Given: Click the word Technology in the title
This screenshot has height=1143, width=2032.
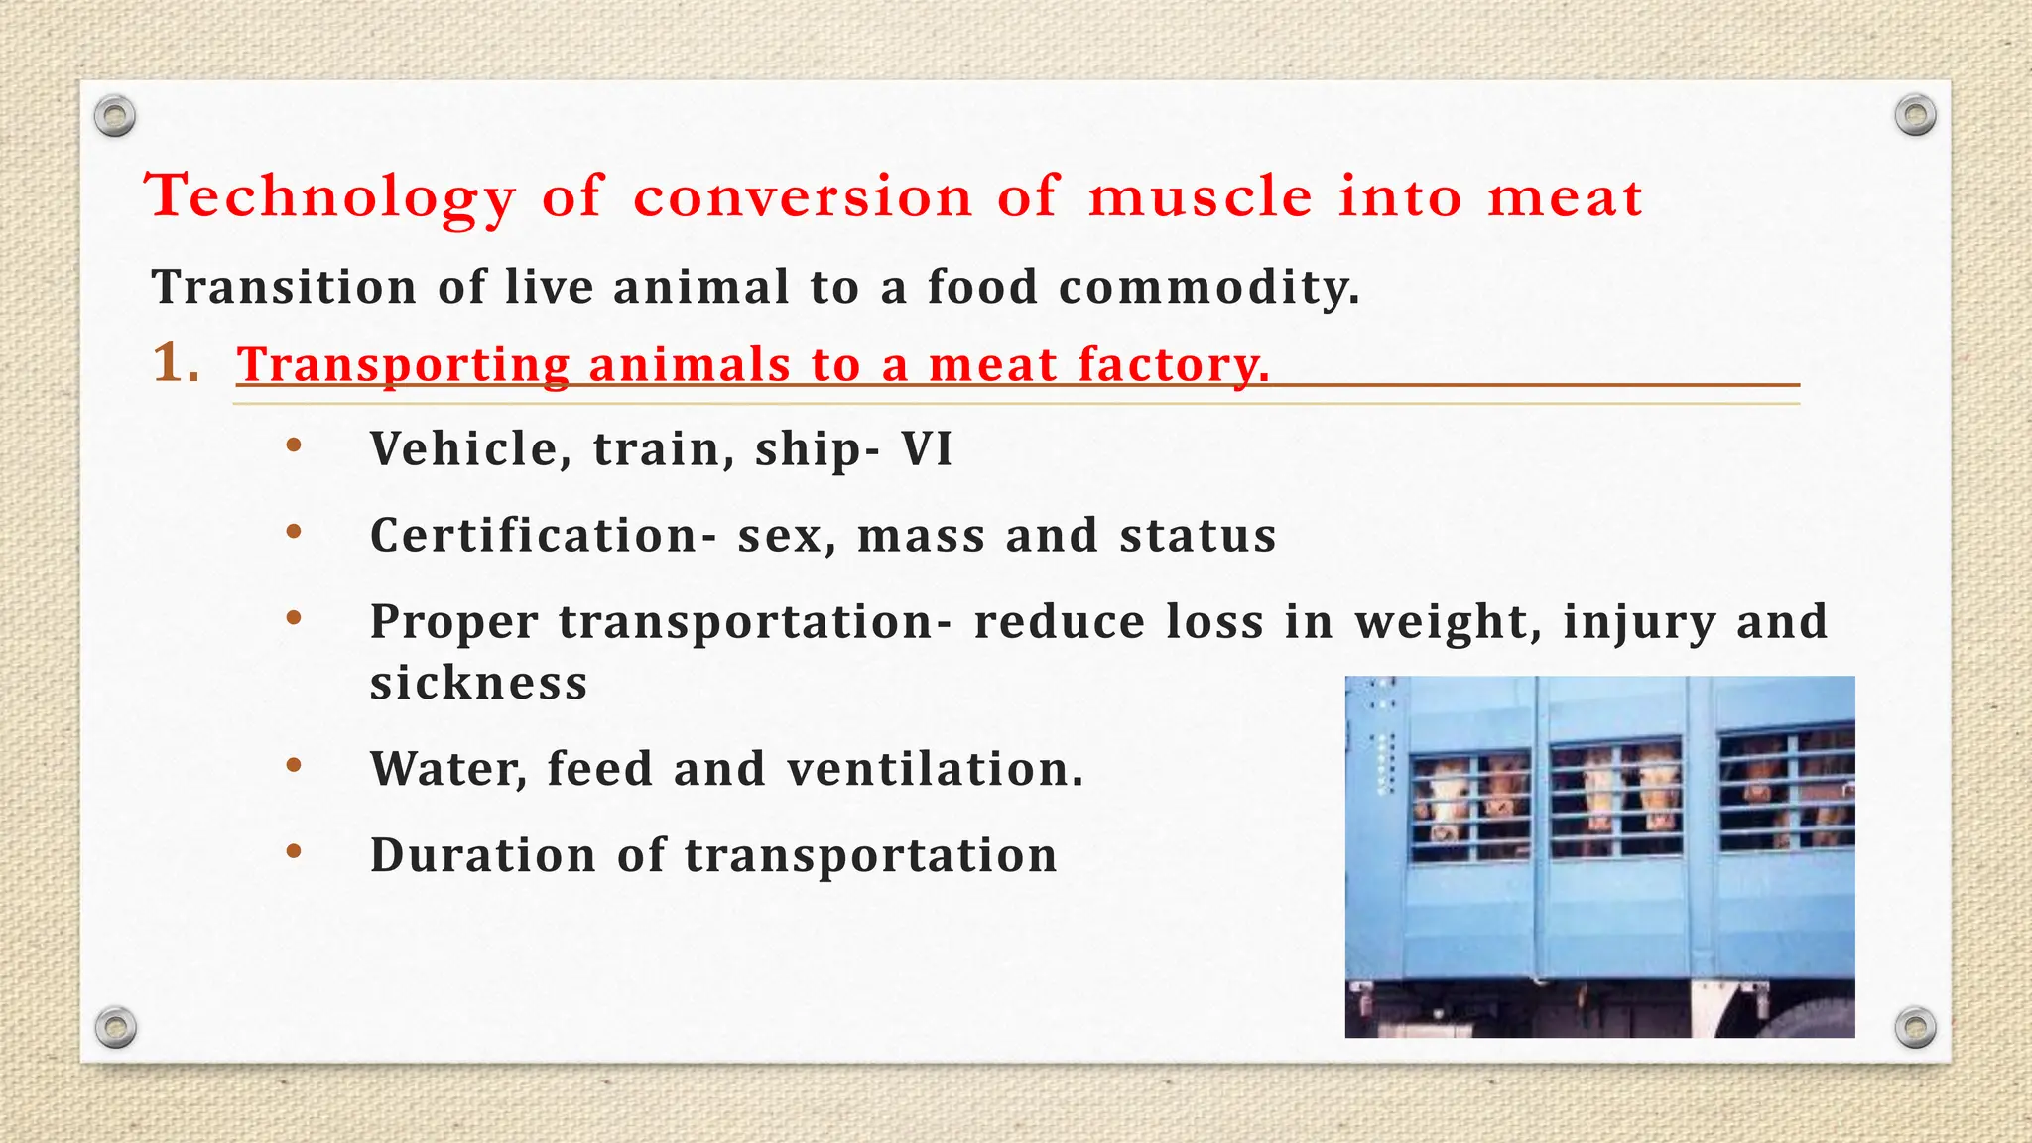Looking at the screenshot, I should point(330,196).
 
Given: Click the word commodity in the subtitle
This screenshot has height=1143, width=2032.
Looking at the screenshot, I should point(1208,288).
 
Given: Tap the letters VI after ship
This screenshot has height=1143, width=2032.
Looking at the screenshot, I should point(927,448).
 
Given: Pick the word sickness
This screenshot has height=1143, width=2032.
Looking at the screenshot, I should point(479,684).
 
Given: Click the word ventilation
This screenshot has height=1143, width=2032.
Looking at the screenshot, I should point(935,769).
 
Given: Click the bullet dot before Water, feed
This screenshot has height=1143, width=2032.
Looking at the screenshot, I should point(293,765).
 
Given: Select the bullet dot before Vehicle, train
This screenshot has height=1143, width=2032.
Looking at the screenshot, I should point(293,445).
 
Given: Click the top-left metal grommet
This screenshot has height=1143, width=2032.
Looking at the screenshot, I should point(115,117).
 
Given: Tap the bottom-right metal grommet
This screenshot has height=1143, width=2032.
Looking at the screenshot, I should point(1915,1027).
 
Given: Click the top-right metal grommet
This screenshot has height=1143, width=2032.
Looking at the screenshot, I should point(1915,116).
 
